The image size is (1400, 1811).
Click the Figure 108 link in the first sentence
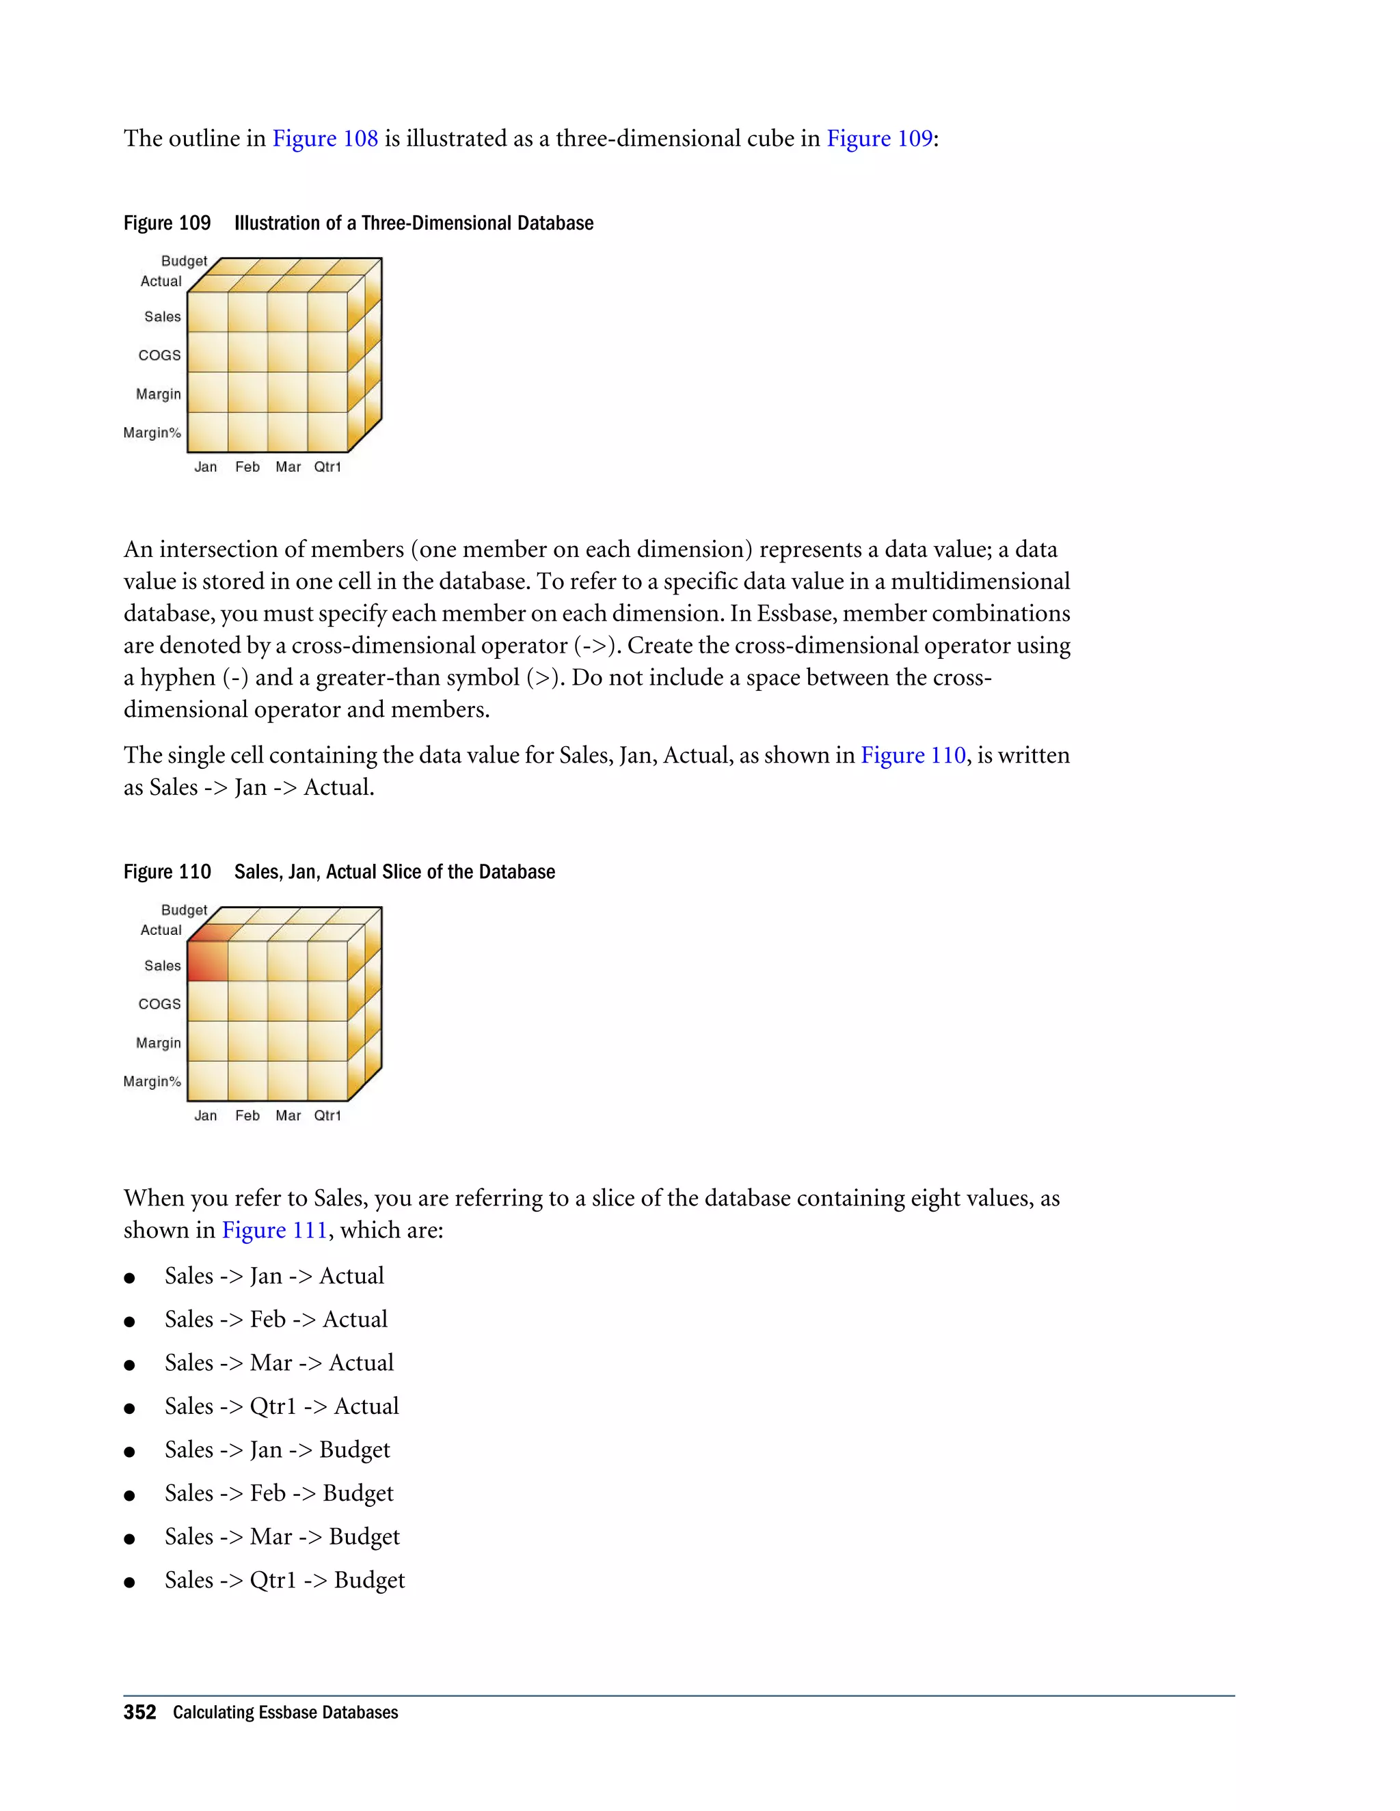coord(325,139)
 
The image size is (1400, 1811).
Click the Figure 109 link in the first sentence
coord(879,139)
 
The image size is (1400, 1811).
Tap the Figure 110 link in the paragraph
coord(913,755)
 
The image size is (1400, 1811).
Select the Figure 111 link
coord(275,1229)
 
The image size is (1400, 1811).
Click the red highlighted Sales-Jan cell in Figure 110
coord(207,961)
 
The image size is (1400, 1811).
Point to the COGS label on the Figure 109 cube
coord(159,355)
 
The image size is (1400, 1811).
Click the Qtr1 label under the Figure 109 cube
coord(327,467)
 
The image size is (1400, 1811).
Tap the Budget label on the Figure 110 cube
coord(184,910)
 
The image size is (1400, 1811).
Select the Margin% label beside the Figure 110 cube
coord(152,1081)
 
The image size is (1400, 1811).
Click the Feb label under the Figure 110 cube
coord(247,1115)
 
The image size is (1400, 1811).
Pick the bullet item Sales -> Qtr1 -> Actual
coord(281,1406)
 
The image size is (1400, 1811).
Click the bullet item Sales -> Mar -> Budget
coord(282,1536)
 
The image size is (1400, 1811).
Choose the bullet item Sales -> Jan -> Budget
coord(277,1449)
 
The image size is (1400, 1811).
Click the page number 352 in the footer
coord(139,1713)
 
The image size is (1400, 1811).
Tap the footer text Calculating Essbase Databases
coord(285,1713)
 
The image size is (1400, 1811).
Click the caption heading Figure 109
coord(167,223)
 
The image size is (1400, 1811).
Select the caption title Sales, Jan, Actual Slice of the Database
coord(394,871)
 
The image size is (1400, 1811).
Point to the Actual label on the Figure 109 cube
coord(161,281)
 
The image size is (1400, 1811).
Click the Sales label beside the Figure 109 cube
coord(163,317)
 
